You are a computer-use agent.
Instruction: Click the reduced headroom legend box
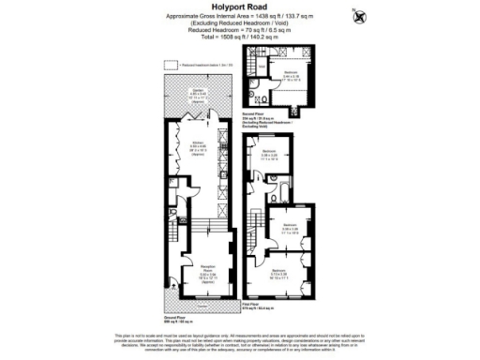point(172,64)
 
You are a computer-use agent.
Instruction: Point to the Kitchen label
point(197,147)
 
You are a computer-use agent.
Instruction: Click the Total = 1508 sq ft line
point(240,43)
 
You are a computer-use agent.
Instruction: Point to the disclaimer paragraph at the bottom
point(240,337)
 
